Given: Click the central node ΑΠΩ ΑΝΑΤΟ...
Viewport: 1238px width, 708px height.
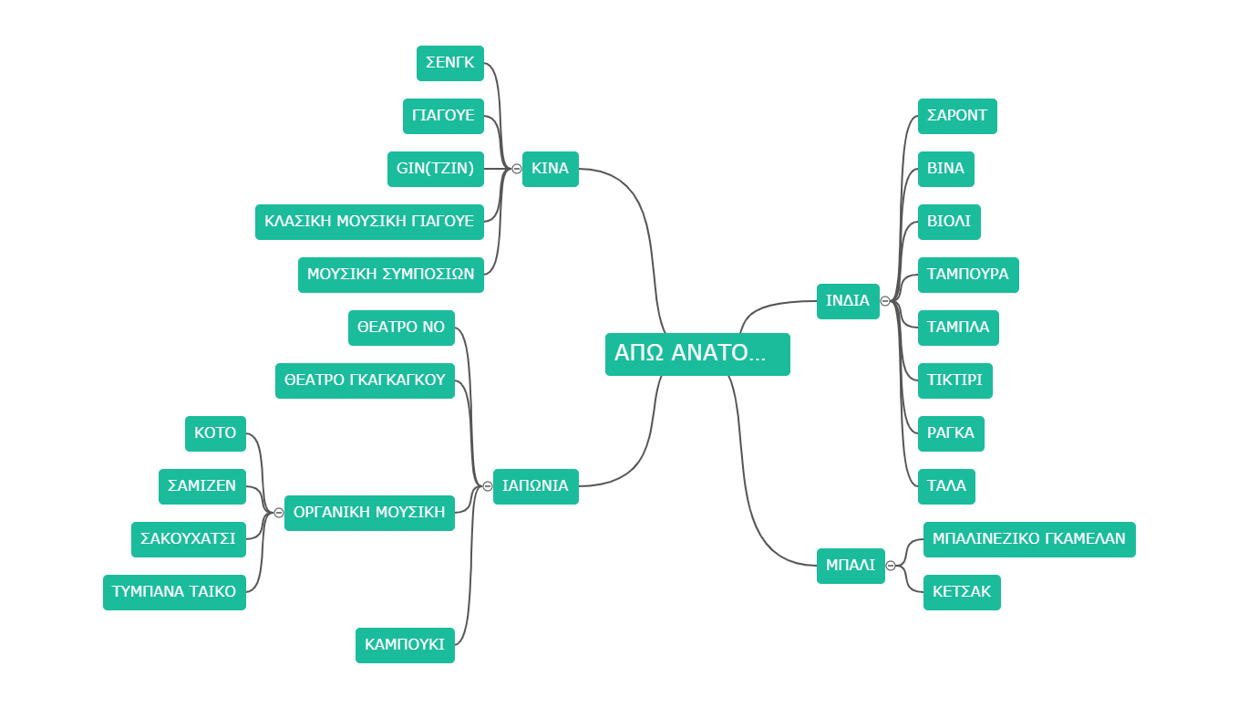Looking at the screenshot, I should tap(697, 354).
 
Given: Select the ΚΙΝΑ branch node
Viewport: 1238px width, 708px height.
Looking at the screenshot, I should tap(550, 169).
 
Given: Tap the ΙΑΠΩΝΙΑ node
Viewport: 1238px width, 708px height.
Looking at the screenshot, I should tap(535, 486).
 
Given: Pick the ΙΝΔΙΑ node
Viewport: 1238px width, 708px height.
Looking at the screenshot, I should tap(848, 301).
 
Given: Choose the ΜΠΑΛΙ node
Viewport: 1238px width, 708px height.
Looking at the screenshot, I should tap(851, 566).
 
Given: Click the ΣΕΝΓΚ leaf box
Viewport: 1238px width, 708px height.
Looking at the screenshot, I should tap(450, 64).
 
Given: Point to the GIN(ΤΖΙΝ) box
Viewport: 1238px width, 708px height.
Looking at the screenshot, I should tap(435, 169).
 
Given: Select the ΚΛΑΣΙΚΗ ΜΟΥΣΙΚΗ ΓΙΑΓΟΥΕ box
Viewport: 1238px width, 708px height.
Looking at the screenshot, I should tap(369, 222).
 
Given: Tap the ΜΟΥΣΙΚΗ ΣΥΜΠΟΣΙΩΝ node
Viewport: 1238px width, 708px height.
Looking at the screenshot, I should tap(390, 275).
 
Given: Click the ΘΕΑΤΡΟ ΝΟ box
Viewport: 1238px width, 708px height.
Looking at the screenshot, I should tap(401, 328).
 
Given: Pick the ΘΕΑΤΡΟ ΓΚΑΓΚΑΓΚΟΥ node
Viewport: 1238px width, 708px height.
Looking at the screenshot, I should tap(365, 380).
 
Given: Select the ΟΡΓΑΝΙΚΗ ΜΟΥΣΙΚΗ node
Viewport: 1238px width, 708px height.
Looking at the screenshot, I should tap(369, 513).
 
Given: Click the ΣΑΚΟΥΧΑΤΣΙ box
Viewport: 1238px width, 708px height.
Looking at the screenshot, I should tap(189, 539).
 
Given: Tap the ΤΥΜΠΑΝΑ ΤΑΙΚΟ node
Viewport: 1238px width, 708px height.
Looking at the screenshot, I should tap(174, 592).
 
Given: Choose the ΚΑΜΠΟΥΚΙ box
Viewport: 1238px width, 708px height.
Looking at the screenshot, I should tap(405, 645).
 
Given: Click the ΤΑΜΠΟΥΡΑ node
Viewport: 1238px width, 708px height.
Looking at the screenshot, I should tap(968, 275).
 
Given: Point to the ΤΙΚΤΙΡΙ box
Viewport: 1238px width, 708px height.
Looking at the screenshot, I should tap(954, 380).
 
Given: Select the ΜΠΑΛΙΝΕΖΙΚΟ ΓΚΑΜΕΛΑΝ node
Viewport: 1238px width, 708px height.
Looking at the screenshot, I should tap(1029, 539).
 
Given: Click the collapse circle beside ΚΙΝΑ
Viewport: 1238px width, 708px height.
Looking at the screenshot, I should tap(517, 169).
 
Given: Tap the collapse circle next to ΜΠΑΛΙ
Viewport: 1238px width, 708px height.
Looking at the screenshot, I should tap(891, 566).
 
